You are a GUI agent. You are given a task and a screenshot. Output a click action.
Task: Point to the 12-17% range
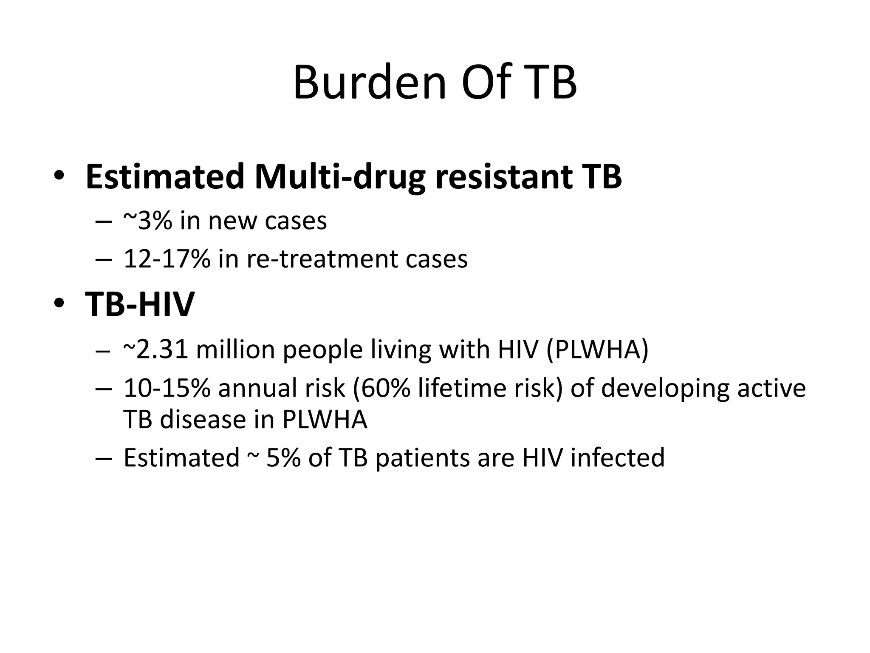click(x=167, y=258)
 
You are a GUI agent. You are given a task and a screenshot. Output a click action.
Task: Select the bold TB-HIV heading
click(x=140, y=304)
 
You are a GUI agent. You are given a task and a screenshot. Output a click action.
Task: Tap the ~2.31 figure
click(x=155, y=349)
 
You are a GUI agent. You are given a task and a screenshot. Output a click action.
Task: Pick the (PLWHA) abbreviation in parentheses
click(x=597, y=349)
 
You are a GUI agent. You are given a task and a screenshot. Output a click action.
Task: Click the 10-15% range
click(x=167, y=388)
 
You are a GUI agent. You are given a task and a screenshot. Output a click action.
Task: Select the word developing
click(x=665, y=389)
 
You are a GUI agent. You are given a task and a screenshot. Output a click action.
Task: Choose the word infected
click(x=617, y=458)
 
